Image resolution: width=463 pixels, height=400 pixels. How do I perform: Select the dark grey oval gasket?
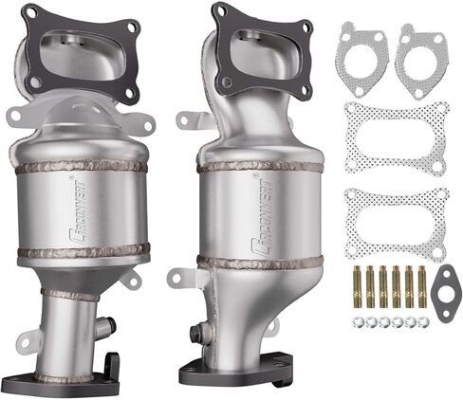[x=441, y=292]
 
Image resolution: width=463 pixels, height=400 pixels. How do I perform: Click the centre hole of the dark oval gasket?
[x=442, y=292]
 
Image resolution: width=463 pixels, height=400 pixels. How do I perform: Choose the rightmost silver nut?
[x=420, y=322]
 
